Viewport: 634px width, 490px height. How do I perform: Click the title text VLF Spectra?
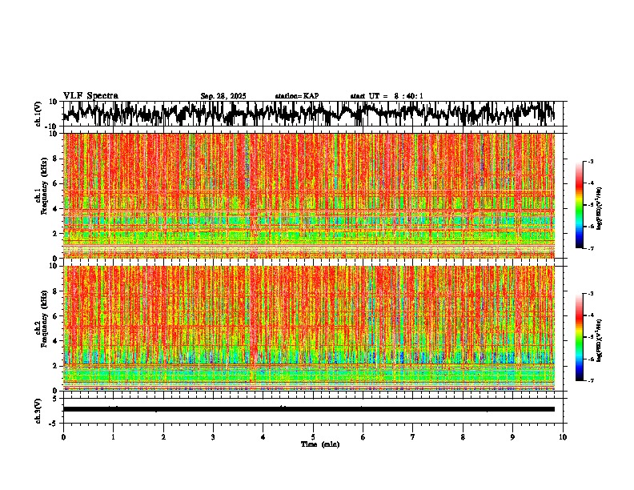(x=90, y=95)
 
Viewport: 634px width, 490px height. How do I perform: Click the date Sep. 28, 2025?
(x=223, y=96)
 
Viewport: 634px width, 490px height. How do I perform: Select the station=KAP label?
(x=296, y=96)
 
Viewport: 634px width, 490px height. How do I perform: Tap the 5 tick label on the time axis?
(x=313, y=436)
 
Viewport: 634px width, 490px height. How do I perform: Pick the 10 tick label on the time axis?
(x=564, y=436)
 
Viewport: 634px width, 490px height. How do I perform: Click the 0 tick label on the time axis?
(x=63, y=436)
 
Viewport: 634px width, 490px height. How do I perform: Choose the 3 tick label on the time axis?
(x=213, y=436)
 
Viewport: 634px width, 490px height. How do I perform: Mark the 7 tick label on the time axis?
(x=413, y=436)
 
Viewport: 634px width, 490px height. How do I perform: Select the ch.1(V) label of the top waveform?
(x=38, y=114)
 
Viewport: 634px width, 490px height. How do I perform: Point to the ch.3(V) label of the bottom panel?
(x=38, y=409)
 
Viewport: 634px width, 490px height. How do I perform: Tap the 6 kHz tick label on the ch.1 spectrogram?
(x=55, y=183)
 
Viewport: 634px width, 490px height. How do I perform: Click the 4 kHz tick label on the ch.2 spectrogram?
(x=55, y=341)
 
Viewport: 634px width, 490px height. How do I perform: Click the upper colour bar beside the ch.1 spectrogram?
(x=587, y=205)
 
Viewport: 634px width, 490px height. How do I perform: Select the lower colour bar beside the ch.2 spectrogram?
(x=587, y=337)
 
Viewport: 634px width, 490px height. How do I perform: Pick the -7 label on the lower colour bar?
(x=593, y=381)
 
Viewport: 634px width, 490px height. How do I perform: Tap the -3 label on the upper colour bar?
(x=593, y=162)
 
